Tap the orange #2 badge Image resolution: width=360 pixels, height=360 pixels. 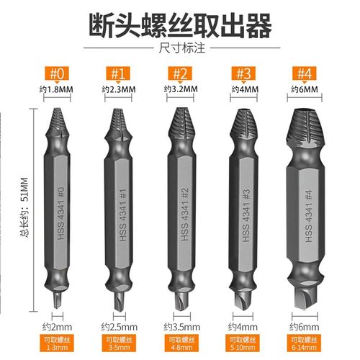181,73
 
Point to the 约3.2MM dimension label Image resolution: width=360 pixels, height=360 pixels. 181,89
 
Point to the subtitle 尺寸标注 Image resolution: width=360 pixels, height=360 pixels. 180,49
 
